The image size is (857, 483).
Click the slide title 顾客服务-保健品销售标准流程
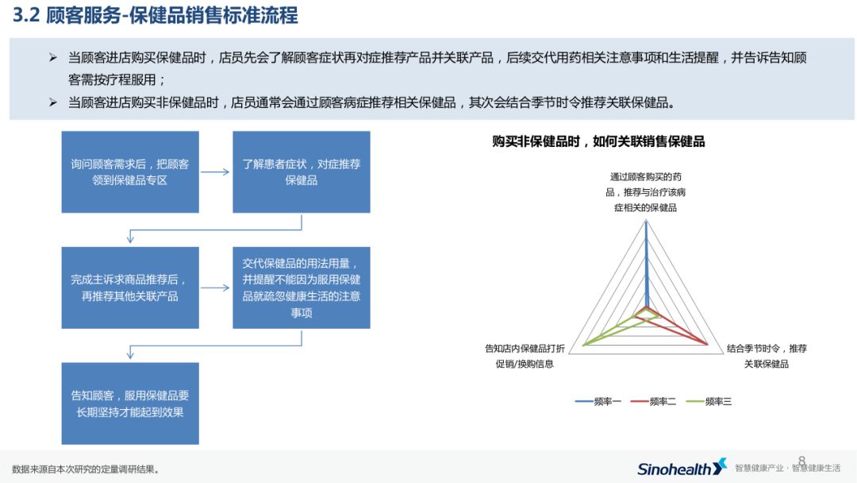coord(173,16)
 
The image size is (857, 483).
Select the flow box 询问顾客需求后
coord(130,172)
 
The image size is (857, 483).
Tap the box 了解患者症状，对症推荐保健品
coord(301,172)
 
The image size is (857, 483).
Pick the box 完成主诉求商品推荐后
coord(130,288)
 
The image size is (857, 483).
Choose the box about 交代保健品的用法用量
coord(301,288)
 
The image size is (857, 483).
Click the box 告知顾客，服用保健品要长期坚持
coord(130,403)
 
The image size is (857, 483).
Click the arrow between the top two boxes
coord(215,172)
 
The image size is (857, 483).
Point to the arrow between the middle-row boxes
coord(215,288)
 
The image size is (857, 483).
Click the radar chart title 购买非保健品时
coord(598,141)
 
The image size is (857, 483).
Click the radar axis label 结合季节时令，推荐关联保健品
coord(767,356)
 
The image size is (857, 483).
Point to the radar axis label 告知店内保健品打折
coord(525,356)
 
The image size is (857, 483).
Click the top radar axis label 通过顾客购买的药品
coord(646,191)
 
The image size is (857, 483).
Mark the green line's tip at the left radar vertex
coord(585,345)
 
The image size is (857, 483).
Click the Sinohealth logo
coord(682,468)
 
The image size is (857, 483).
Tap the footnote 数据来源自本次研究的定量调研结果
coord(86,469)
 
